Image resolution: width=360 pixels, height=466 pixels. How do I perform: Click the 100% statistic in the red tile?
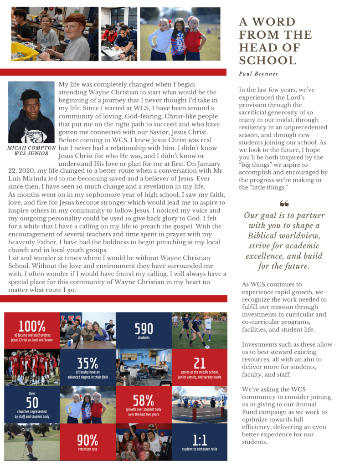tap(32, 326)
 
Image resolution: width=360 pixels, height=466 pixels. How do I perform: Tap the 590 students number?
tap(144, 328)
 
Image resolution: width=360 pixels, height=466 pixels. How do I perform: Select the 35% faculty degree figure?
tap(87, 363)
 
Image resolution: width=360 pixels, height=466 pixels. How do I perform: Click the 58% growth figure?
tap(144, 400)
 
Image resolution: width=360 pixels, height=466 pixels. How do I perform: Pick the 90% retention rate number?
tap(87, 440)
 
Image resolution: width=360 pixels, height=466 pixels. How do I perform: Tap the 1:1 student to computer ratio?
tap(200, 440)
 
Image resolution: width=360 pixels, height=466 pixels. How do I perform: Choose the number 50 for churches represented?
tap(32, 403)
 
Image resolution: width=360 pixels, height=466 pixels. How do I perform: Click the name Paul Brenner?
tap(258, 74)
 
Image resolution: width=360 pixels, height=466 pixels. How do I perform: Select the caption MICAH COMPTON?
tap(32, 148)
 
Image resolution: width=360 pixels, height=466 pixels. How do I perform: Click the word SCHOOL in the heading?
tap(267, 61)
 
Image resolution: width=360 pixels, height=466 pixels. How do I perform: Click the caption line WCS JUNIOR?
tap(32, 154)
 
